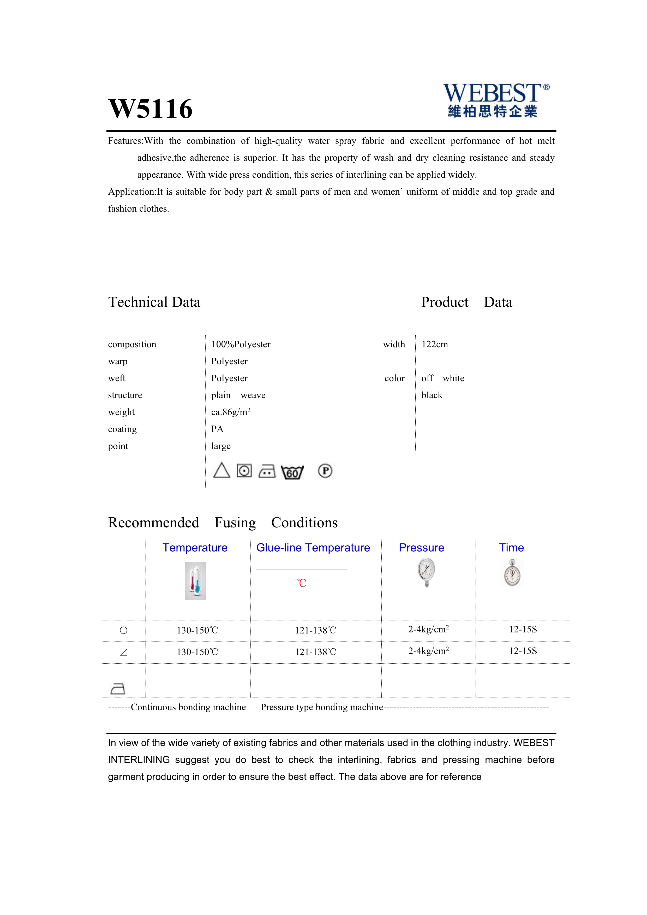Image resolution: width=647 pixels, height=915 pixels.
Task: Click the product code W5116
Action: click(x=151, y=109)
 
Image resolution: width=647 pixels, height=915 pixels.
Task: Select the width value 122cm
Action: click(x=435, y=344)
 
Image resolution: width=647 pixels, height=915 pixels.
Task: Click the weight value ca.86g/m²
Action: click(x=231, y=412)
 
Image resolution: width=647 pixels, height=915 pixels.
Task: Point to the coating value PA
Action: click(x=217, y=429)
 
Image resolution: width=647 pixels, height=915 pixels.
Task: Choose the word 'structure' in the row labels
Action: click(x=125, y=395)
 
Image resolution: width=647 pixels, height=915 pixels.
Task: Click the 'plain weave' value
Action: click(x=238, y=395)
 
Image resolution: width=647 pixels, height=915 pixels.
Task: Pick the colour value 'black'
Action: click(x=432, y=395)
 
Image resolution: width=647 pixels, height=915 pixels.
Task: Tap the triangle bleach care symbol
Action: click(x=221, y=471)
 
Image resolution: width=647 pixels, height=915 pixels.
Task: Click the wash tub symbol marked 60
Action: click(x=292, y=472)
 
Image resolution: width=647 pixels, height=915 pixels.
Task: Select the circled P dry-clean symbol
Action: click(x=325, y=471)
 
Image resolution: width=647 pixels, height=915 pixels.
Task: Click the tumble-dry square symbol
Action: click(x=244, y=471)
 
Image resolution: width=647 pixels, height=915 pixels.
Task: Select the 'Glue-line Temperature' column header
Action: click(x=313, y=548)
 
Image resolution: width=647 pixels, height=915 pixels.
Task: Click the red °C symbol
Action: click(x=302, y=583)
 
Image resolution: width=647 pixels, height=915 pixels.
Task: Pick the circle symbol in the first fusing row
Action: click(x=123, y=630)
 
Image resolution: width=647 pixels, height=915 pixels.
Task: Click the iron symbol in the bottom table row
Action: click(x=117, y=689)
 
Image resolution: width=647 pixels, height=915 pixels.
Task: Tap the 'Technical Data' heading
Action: click(x=154, y=302)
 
